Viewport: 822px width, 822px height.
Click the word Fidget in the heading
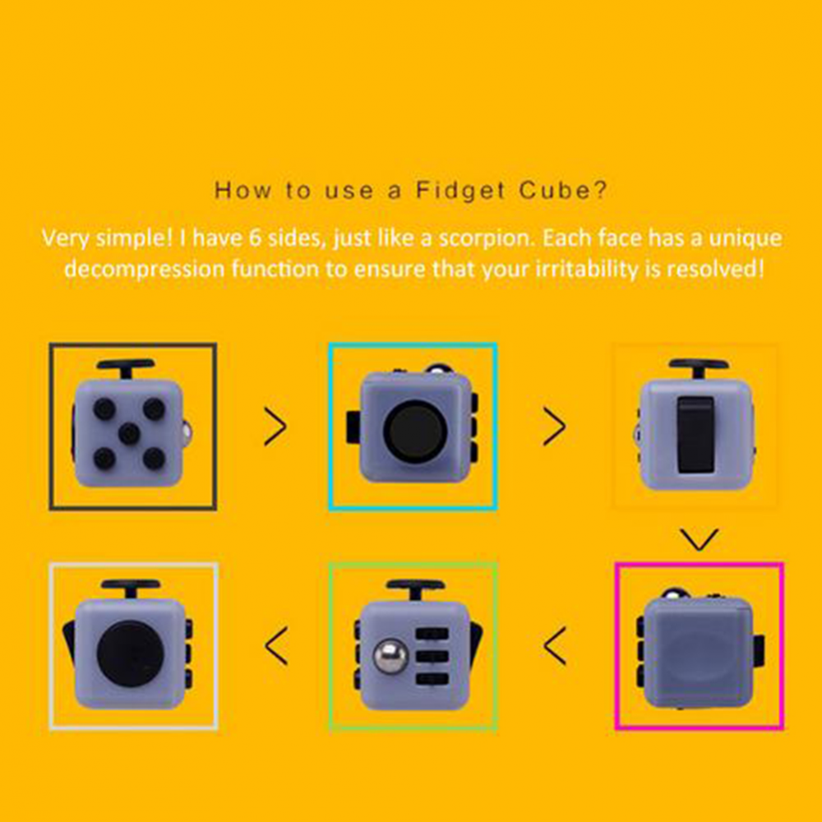pyautogui.click(x=461, y=191)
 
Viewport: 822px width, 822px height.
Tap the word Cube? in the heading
pyautogui.click(x=563, y=190)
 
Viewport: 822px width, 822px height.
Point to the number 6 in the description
pyautogui.click(x=255, y=238)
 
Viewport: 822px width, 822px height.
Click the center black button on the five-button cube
pyautogui.click(x=129, y=433)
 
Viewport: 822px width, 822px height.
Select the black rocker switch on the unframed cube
pyautogui.click(x=695, y=435)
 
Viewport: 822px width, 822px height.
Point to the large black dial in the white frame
pyautogui.click(x=130, y=653)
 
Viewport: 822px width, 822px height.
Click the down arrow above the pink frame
pyautogui.click(x=699, y=539)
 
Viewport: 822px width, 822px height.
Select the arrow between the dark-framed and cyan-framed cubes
pyautogui.click(x=275, y=427)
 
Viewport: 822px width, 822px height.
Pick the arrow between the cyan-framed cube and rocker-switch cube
pyautogui.click(x=554, y=427)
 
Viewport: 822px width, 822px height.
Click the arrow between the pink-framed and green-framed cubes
pyautogui.click(x=555, y=646)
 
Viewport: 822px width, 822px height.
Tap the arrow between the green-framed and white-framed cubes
pyautogui.click(x=276, y=646)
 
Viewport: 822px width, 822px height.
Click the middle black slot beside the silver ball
pyautogui.click(x=432, y=656)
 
